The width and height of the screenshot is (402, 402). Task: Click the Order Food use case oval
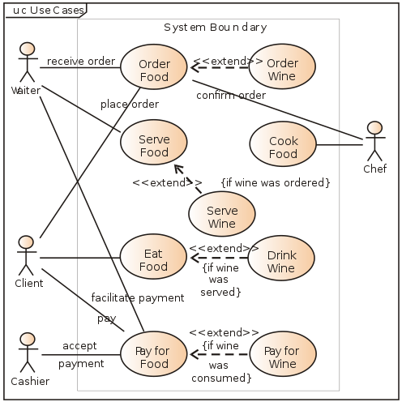click(154, 66)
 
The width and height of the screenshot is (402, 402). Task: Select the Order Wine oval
click(282, 66)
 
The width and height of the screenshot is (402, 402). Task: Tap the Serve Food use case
click(154, 143)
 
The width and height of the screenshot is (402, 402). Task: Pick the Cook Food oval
click(283, 143)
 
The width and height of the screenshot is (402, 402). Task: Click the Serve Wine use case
click(222, 214)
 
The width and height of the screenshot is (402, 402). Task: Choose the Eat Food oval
click(153, 257)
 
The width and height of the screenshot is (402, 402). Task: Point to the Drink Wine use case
click(281, 258)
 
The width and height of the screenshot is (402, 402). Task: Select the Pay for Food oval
click(154, 354)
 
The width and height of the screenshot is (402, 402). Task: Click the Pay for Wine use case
click(283, 354)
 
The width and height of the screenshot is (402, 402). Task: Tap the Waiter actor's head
click(28, 49)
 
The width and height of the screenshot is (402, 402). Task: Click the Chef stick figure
click(374, 141)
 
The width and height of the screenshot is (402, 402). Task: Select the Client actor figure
click(27, 255)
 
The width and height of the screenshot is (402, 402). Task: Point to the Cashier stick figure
click(28, 353)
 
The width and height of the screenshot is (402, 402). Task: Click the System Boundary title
click(216, 28)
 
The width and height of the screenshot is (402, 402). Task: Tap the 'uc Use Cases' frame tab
click(46, 11)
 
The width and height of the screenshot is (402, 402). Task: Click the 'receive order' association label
click(81, 61)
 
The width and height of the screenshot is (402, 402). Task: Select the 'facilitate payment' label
click(138, 297)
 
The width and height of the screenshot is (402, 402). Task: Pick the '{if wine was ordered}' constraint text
click(276, 182)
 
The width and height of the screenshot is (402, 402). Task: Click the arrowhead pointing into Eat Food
click(195, 258)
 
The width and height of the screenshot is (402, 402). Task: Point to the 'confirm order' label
click(231, 95)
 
